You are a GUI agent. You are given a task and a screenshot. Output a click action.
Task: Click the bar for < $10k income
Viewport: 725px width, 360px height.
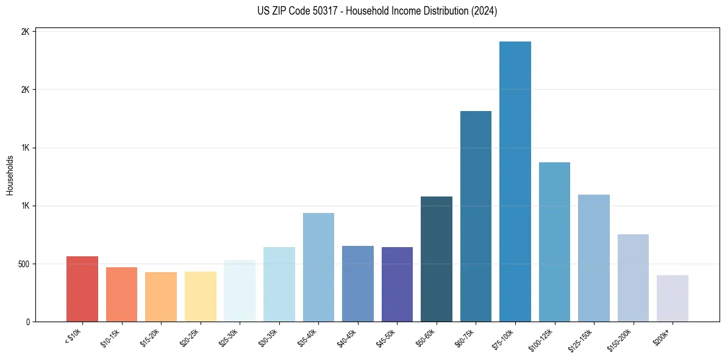(x=82, y=289)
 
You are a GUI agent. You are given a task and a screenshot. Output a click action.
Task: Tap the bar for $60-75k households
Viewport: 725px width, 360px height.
(x=476, y=217)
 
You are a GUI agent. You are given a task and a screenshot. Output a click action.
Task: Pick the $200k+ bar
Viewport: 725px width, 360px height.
(x=673, y=298)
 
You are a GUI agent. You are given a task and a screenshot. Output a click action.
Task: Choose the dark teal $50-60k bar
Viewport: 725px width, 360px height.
(x=437, y=259)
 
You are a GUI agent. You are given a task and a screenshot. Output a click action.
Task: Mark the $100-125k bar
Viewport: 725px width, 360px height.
(x=554, y=242)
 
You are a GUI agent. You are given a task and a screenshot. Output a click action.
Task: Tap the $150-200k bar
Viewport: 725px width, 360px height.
(x=633, y=278)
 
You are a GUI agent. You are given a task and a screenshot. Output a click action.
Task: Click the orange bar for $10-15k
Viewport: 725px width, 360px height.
(x=121, y=295)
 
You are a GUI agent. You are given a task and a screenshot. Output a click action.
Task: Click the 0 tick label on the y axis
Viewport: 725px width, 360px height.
(x=28, y=322)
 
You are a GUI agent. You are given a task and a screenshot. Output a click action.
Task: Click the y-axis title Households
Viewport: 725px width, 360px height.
(x=10, y=176)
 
